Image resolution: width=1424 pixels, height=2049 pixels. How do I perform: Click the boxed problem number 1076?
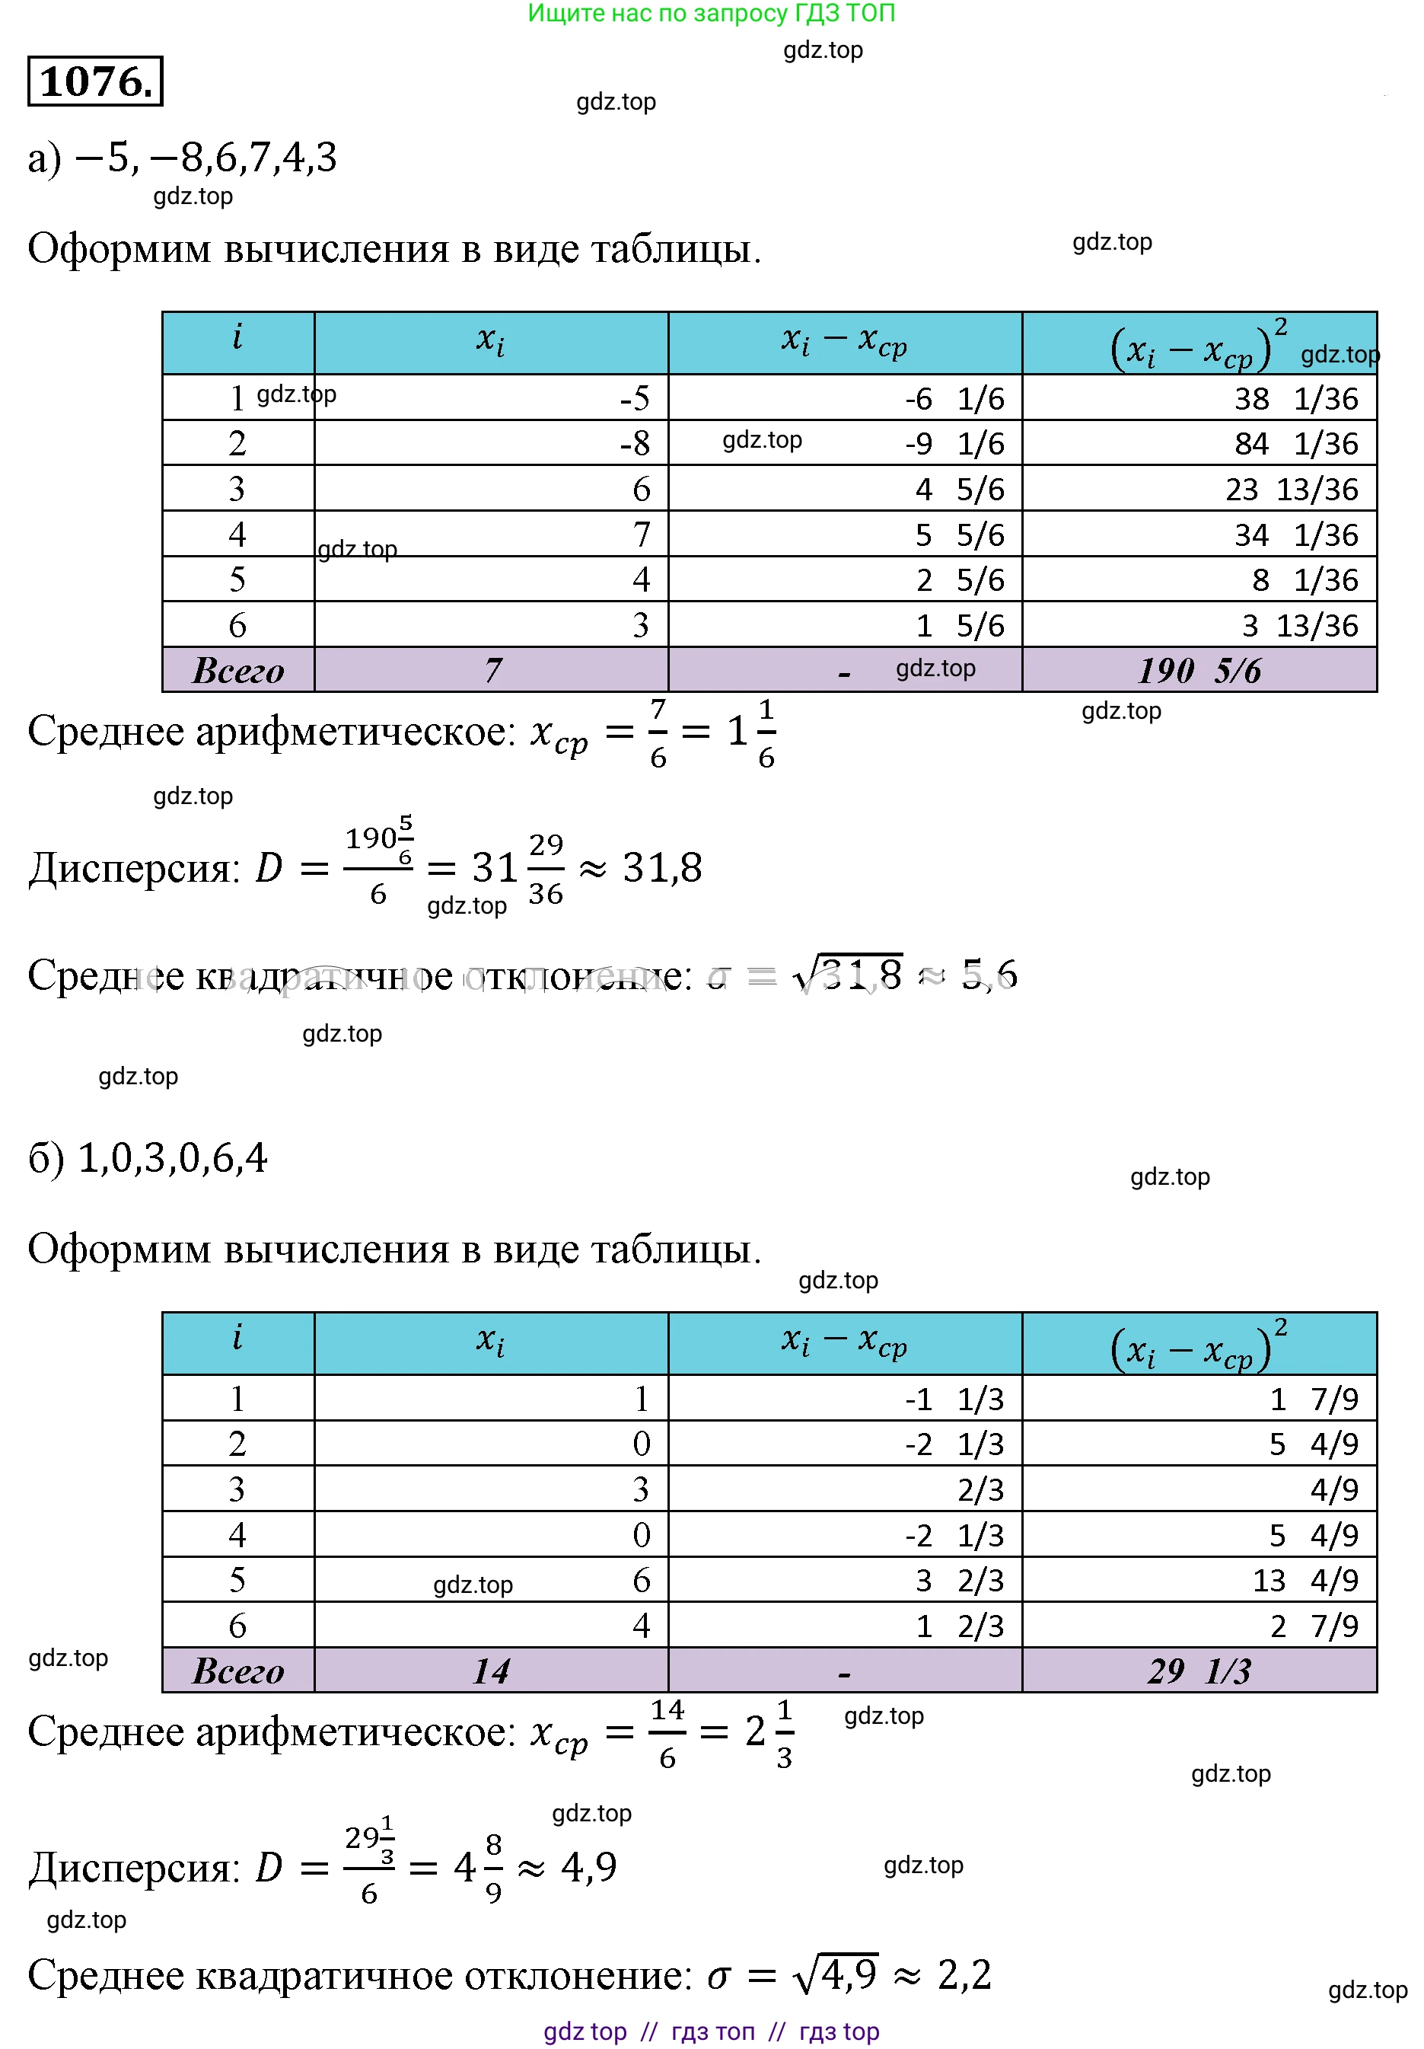(94, 81)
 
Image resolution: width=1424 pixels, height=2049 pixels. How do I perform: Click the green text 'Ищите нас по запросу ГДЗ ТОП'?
(711, 14)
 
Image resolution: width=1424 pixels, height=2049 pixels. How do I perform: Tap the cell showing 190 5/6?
(1199, 670)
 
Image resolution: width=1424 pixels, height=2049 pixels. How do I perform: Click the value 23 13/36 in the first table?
(1291, 489)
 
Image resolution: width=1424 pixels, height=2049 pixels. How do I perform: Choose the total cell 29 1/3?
(1199, 1671)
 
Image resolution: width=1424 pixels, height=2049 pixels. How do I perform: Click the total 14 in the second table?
(491, 1671)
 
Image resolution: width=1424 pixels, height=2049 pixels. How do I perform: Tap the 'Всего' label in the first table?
(238, 670)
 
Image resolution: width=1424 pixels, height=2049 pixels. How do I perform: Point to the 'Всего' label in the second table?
(238, 1671)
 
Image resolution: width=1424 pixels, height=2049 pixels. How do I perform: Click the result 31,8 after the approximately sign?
(662, 867)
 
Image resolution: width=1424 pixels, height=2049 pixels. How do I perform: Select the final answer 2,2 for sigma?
(964, 1975)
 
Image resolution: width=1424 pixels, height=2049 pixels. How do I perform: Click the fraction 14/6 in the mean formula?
(667, 1733)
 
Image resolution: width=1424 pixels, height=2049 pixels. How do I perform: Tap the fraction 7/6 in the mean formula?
(658, 732)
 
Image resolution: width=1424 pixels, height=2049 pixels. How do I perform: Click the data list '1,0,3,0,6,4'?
(172, 1157)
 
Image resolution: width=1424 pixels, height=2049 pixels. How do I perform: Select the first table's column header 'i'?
(237, 339)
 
